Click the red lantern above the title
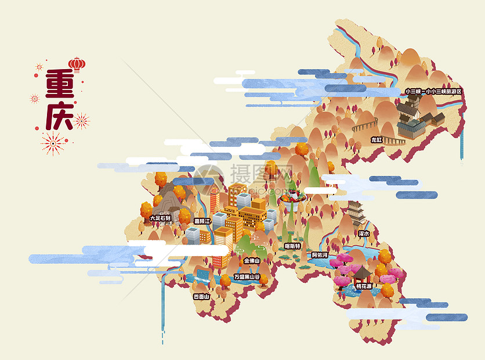[x=77, y=63]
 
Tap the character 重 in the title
[x=59, y=85]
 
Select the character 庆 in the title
[x=59, y=116]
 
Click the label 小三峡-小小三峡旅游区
[x=433, y=91]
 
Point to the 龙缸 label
[x=377, y=139]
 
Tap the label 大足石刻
[x=160, y=218]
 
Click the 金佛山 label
[x=252, y=261]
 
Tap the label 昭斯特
[x=293, y=246]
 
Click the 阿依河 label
[x=320, y=255]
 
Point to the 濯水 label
[x=364, y=233]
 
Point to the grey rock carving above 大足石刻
[x=167, y=200]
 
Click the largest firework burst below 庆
[x=53, y=143]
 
